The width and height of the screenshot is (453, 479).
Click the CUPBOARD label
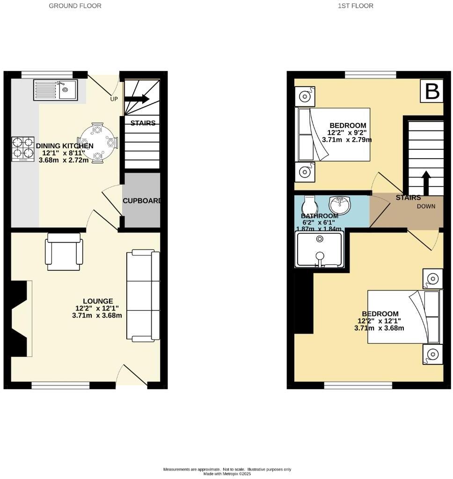pyautogui.click(x=141, y=201)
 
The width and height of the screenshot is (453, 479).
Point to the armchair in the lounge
pyautogui.click(x=64, y=254)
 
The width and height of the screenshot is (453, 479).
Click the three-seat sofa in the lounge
pyautogui.click(x=143, y=295)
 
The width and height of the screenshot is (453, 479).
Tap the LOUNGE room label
pyautogui.click(x=98, y=301)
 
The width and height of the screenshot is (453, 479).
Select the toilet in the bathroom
pyautogui.click(x=310, y=205)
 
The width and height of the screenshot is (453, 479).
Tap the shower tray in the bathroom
pyautogui.click(x=320, y=249)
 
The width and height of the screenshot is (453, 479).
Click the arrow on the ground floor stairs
pyautogui.click(x=138, y=99)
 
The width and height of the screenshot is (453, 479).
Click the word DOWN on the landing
pyautogui.click(x=426, y=206)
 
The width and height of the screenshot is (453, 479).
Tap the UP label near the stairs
pyautogui.click(x=114, y=99)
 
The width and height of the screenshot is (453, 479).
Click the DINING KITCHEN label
pyautogui.click(x=61, y=146)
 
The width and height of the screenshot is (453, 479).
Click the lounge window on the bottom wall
pyautogui.click(x=60, y=385)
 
